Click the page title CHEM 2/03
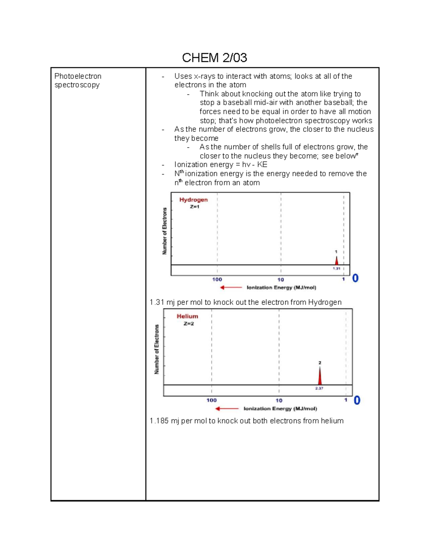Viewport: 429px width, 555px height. (x=214, y=58)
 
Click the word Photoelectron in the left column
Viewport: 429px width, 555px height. (x=78, y=76)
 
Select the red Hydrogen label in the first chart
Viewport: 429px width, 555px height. (x=193, y=200)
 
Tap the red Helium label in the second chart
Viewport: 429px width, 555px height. (x=187, y=316)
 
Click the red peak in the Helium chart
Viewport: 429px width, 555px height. (x=320, y=376)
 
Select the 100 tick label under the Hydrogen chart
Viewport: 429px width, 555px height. (x=217, y=279)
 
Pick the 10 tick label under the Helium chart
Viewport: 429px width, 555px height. (x=279, y=401)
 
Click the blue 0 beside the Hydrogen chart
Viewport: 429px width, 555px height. (x=355, y=278)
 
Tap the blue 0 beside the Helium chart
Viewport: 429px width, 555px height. (x=357, y=400)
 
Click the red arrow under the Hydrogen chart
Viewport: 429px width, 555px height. (x=231, y=287)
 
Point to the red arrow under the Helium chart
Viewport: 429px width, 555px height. (x=227, y=408)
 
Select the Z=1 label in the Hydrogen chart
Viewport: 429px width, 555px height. (x=194, y=207)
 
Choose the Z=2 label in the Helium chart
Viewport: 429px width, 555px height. (x=189, y=324)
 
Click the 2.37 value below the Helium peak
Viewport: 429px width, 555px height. (x=319, y=388)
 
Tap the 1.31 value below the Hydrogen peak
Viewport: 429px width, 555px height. (x=336, y=268)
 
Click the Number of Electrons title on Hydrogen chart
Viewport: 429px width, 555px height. (x=164, y=231)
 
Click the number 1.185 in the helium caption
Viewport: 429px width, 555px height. (x=159, y=421)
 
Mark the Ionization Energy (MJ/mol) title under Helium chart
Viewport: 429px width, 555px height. (x=280, y=408)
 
